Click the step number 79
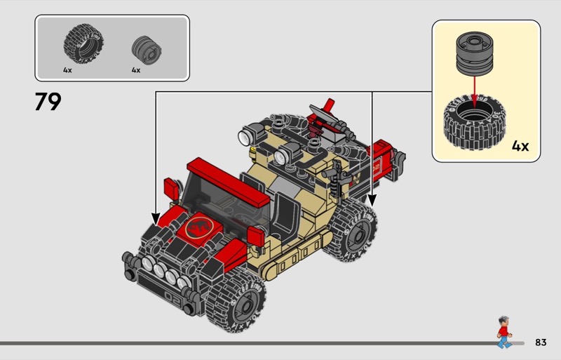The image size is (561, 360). point(48,101)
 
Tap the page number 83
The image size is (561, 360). point(541,342)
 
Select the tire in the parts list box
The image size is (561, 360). point(83,44)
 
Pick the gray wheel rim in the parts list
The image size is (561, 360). point(147,51)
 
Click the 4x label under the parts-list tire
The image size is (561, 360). point(67,70)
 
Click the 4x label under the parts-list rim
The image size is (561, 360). point(136,70)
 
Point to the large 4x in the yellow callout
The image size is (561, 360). point(520,146)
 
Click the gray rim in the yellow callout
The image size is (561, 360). point(475,53)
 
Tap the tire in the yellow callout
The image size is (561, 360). point(475,123)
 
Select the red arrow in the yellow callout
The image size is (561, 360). point(475,91)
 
